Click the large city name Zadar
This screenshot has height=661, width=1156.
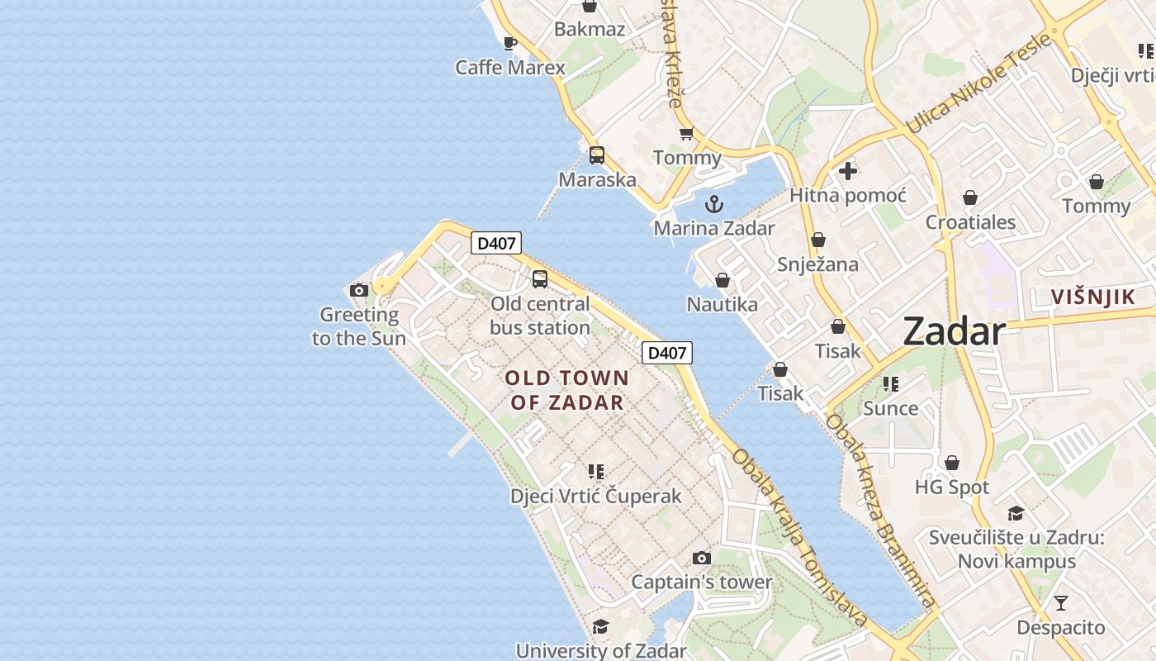click(x=954, y=331)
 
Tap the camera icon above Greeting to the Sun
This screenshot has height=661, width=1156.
click(x=359, y=290)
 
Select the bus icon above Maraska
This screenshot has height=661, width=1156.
click(x=597, y=155)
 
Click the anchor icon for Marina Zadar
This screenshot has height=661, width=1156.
click(x=714, y=203)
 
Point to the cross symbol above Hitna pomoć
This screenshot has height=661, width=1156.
click(x=848, y=171)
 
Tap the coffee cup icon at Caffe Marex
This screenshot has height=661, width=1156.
click(x=510, y=43)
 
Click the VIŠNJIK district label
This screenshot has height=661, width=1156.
click(x=1092, y=297)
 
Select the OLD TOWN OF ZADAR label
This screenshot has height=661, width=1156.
click(x=566, y=390)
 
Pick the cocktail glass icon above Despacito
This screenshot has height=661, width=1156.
click(x=1061, y=603)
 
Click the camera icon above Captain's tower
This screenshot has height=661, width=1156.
click(x=702, y=558)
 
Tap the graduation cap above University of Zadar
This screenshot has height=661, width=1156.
click(x=600, y=627)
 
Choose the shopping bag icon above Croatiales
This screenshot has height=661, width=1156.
click(x=970, y=197)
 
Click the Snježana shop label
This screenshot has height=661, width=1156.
click(x=817, y=264)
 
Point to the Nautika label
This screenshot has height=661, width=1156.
click(x=722, y=305)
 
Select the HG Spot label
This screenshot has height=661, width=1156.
click(x=952, y=487)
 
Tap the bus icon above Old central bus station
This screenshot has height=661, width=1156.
click(x=540, y=278)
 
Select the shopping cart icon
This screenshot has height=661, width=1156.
click(x=686, y=133)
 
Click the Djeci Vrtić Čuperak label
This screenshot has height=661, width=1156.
click(x=596, y=496)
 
